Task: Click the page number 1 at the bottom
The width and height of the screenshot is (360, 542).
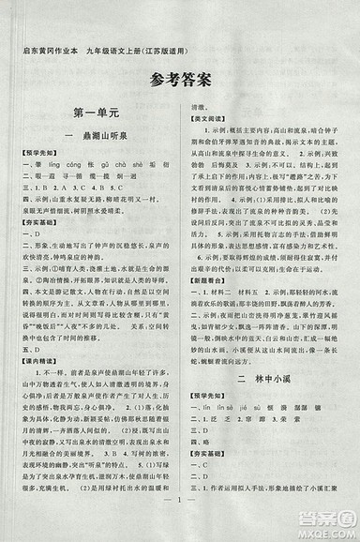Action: pos(180,519)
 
